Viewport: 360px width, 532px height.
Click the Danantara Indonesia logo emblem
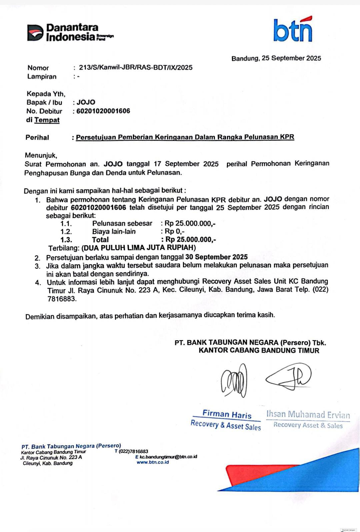pos(35,33)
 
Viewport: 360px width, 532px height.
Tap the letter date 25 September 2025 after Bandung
pos(291,58)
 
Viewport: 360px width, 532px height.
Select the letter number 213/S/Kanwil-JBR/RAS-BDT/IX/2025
pos(136,68)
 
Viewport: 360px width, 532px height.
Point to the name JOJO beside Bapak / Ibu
pos(86,102)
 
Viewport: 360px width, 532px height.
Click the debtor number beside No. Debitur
pos(103,111)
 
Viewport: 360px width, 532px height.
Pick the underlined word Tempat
pos(47,120)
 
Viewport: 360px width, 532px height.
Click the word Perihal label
pos(37,138)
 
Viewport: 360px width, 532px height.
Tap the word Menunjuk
pos(41,155)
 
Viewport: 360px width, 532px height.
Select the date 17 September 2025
pos(186,164)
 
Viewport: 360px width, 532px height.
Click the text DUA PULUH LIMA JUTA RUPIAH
pos(139,248)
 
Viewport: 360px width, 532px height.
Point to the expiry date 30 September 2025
pos(216,257)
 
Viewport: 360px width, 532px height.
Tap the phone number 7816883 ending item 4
pos(62,299)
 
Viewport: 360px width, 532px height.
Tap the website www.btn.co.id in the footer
pos(153,462)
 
